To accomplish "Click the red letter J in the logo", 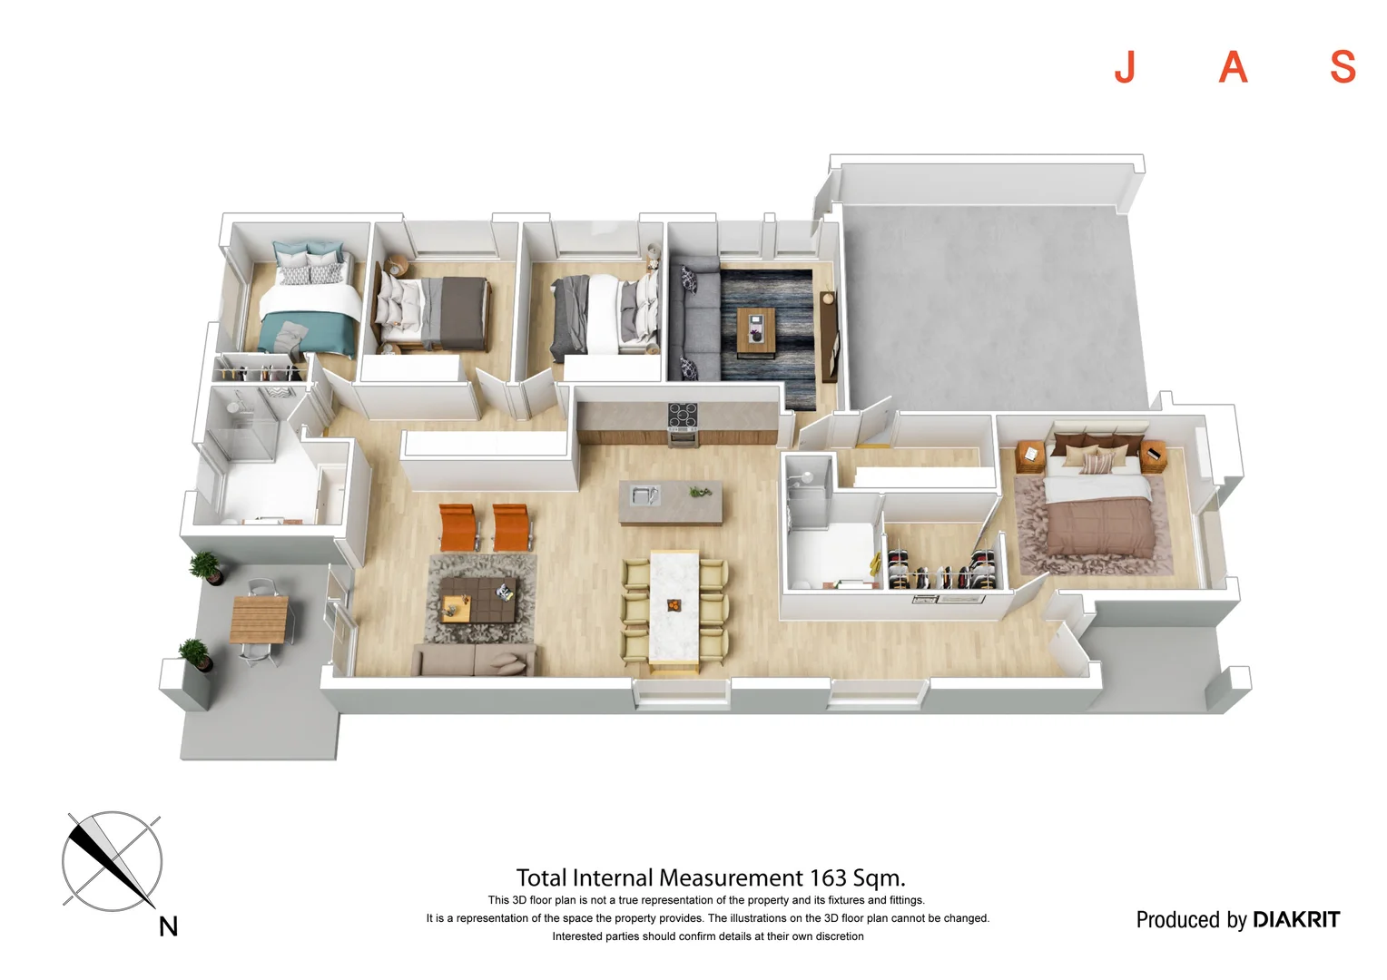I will (x=1125, y=67).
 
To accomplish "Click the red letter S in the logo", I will (x=1343, y=67).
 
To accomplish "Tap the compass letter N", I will (x=168, y=926).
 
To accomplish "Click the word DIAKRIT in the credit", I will (x=1295, y=919).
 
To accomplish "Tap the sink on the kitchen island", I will (x=644, y=495).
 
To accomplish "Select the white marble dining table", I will (x=674, y=608).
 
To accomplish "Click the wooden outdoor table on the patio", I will (x=259, y=619).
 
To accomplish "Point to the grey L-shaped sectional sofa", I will (x=694, y=327).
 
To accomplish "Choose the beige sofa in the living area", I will (x=473, y=660).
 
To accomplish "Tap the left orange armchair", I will (x=456, y=526).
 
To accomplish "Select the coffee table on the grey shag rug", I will (x=478, y=600).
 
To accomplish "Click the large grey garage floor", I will (x=989, y=299).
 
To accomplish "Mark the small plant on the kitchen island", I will (x=700, y=492).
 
